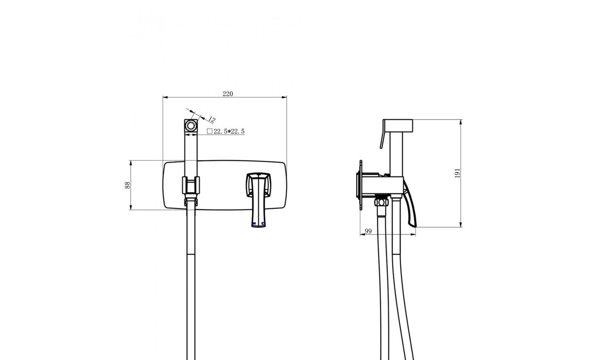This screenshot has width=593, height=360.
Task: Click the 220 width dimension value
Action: (228, 94)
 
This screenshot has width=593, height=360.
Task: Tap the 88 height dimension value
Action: (127, 185)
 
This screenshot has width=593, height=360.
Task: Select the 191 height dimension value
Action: (457, 173)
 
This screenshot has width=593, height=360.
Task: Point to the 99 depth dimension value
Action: (368, 231)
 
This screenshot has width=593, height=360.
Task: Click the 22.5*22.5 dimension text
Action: (229, 131)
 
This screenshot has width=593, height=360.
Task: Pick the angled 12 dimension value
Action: (211, 119)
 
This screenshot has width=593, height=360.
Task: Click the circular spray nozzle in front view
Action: (191, 125)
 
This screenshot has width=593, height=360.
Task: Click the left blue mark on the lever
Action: (254, 224)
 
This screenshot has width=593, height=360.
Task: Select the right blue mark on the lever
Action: (263, 224)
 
